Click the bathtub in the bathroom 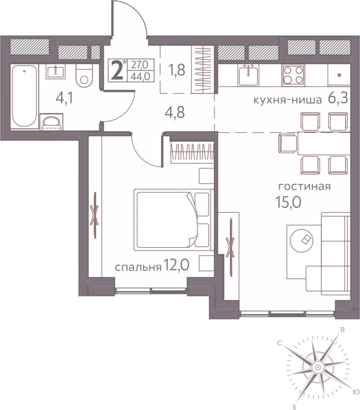point(24,96)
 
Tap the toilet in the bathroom point(84,76)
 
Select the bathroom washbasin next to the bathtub point(56,71)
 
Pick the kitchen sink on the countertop point(248,75)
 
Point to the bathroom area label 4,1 point(64,99)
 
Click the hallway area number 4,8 point(175,113)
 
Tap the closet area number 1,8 point(176,70)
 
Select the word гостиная point(305,187)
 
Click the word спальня point(138,267)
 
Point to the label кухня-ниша point(288,100)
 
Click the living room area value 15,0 point(288,202)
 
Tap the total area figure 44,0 point(140,76)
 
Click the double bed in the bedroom point(173,220)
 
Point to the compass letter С point(280,343)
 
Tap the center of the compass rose point(317,366)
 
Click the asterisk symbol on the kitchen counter point(339,76)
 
